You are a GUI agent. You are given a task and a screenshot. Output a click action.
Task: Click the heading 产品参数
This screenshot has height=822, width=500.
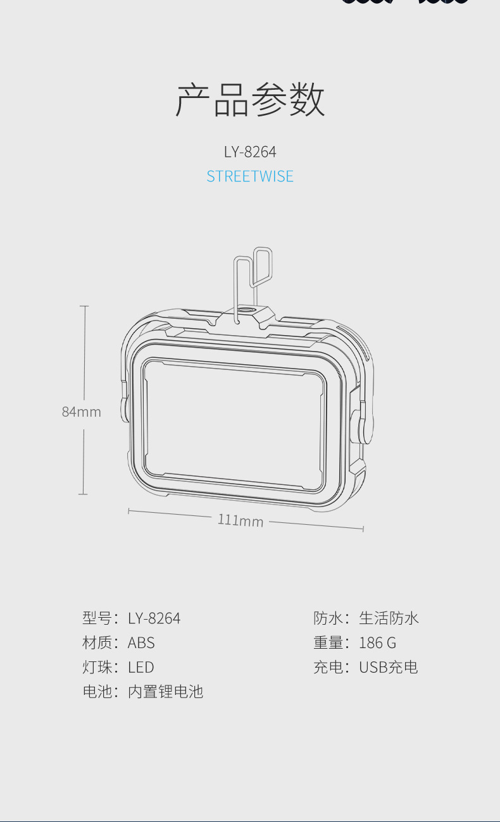tap(250, 101)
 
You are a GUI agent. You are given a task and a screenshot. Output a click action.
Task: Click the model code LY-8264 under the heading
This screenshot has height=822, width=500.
tap(250, 152)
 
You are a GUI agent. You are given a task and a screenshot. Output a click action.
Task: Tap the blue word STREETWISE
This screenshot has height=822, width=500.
tap(250, 176)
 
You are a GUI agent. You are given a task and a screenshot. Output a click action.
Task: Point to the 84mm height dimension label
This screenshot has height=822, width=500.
tap(81, 412)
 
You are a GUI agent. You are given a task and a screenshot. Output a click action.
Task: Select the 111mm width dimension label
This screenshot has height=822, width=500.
tap(241, 520)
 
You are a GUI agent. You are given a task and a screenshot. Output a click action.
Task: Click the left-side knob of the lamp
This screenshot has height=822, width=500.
tap(125, 410)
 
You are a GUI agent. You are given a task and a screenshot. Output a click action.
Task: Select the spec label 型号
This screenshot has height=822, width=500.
tap(97, 618)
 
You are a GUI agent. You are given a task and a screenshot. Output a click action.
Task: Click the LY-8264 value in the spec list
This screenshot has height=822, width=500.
tap(154, 618)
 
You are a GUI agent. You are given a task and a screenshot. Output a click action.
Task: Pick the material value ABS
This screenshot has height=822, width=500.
tap(141, 642)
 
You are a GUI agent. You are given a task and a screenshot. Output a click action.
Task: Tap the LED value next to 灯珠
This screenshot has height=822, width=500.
tap(141, 667)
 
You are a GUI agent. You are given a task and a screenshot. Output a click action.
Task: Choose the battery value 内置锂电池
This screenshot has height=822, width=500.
tap(165, 692)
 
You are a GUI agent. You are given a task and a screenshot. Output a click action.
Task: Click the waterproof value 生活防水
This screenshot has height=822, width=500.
tap(389, 618)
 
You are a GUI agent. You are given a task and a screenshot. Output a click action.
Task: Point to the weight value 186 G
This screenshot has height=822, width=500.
tap(377, 642)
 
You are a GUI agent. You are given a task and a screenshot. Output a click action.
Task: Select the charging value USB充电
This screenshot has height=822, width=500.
tap(388, 667)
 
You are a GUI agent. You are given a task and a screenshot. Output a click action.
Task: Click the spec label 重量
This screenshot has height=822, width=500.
tap(328, 642)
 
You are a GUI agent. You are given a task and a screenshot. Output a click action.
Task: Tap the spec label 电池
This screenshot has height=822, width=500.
tap(97, 692)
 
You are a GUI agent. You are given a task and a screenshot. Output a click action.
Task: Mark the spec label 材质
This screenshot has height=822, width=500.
tap(97, 642)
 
